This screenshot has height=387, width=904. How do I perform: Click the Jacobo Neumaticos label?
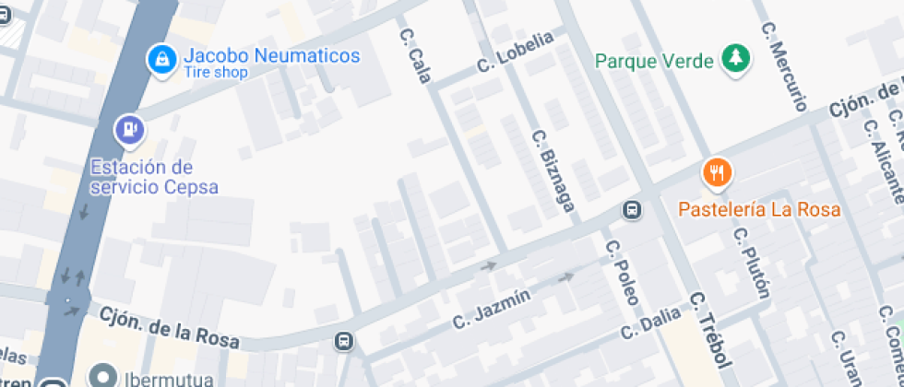tap(271, 56)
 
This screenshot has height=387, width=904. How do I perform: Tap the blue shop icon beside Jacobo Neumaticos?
tap(162, 60)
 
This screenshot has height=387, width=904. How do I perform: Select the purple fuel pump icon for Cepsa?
tap(130, 129)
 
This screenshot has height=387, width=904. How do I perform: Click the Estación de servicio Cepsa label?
tap(154, 177)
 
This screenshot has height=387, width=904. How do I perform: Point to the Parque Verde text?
tap(654, 62)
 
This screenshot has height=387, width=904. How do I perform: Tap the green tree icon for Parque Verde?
tap(735, 58)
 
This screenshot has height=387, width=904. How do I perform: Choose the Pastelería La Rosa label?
tap(759, 209)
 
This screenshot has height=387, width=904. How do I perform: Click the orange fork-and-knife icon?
tap(717, 172)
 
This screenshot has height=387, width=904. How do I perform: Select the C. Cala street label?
tap(414, 55)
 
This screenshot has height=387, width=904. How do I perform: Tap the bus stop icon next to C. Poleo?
tap(633, 211)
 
